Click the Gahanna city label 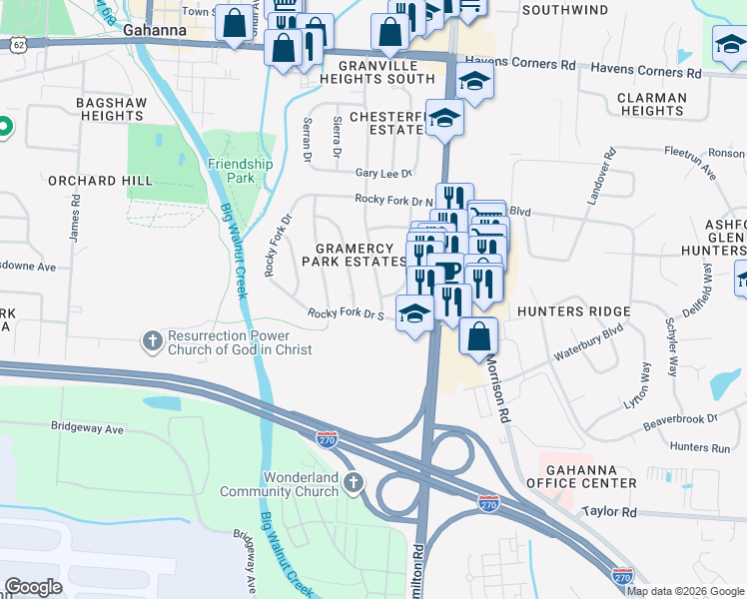click(155, 30)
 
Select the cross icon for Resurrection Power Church click(152, 340)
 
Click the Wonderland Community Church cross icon click(352, 484)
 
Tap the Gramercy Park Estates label click(362, 255)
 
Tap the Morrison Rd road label click(496, 388)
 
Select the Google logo click(33, 587)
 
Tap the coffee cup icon click(445, 272)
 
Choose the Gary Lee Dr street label click(383, 174)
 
